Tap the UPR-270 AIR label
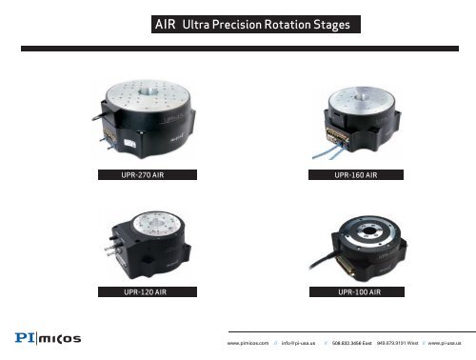149,174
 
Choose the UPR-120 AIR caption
149,290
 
